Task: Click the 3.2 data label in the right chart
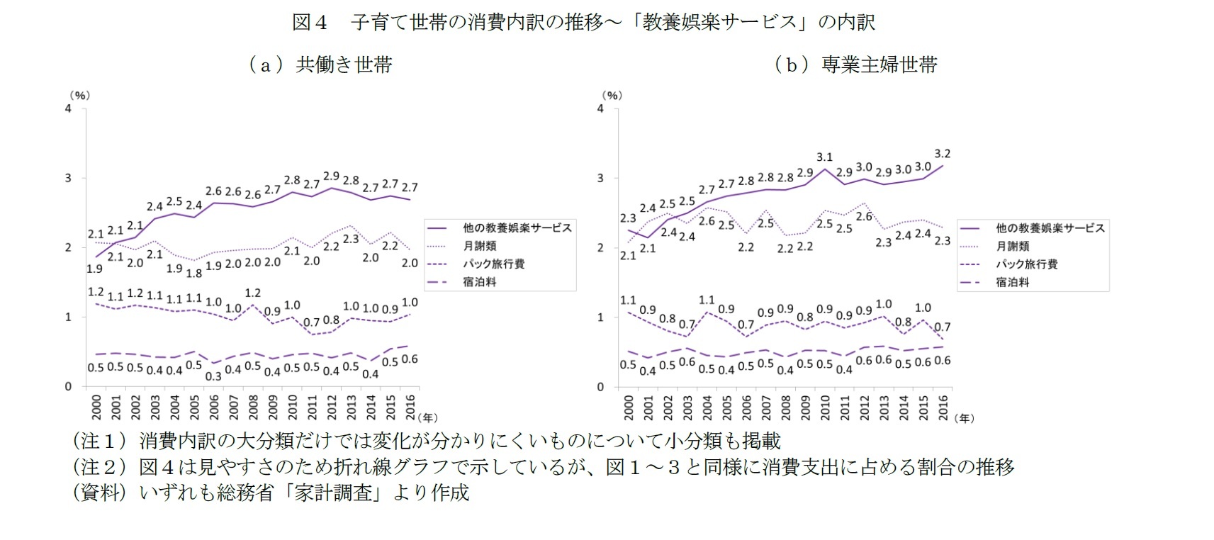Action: (943, 154)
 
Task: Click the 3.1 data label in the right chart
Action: (824, 157)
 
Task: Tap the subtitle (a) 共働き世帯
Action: (320, 65)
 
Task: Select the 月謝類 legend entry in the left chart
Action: (480, 246)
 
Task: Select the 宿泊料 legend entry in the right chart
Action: (1012, 282)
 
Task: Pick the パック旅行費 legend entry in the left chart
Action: (494, 264)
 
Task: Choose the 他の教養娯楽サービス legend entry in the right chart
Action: (1050, 228)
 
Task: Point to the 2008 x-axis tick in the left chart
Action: (253, 407)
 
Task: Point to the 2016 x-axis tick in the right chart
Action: (943, 407)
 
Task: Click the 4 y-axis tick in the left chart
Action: (68, 109)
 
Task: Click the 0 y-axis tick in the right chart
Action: (600, 387)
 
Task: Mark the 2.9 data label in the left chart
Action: (331, 176)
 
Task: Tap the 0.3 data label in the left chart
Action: (213, 377)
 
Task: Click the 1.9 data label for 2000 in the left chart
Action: (94, 269)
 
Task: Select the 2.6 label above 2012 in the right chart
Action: (864, 217)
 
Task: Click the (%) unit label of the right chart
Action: (612, 95)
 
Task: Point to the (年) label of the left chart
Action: (429, 418)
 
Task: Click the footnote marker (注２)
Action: (100, 467)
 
